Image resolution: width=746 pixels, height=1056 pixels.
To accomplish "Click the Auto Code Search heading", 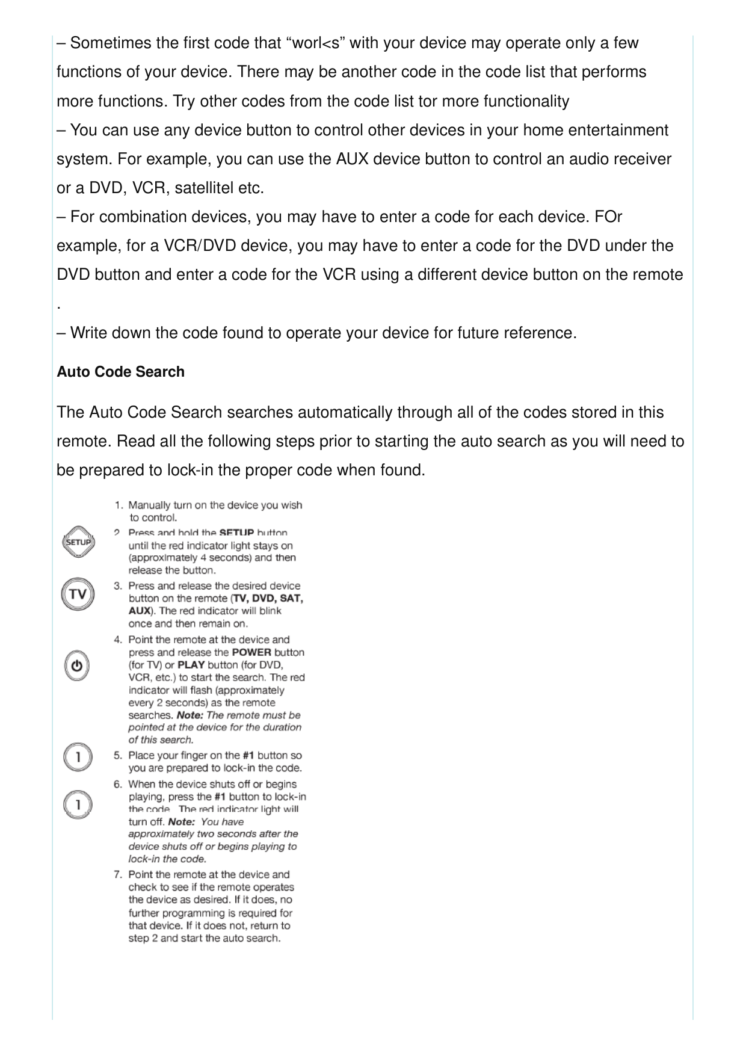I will (x=120, y=372).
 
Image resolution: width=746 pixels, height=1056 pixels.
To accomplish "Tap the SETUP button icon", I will (x=78, y=542).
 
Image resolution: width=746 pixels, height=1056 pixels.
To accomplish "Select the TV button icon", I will (x=78, y=594).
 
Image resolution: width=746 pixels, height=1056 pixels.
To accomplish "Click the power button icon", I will (x=77, y=666).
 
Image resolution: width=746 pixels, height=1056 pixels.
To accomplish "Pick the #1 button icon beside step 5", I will (x=78, y=758).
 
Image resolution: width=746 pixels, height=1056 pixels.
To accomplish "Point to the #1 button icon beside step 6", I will (x=78, y=804).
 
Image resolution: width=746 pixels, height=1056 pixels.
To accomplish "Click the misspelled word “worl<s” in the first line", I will (x=317, y=43).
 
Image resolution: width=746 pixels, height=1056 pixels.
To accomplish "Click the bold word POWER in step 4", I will (x=251, y=652).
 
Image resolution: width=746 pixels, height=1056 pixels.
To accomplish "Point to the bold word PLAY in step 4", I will (x=191, y=665).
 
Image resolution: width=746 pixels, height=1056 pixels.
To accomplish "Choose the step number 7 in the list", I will (x=119, y=874).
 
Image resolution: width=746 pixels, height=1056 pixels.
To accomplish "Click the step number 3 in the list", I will (x=119, y=585).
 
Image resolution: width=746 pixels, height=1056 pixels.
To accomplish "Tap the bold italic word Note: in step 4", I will (x=190, y=715).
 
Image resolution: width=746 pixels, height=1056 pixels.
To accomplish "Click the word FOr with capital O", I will (x=608, y=217).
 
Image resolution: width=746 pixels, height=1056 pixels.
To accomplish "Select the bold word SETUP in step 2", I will (x=237, y=533).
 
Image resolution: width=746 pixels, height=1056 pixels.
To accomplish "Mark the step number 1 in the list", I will (x=119, y=505).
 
